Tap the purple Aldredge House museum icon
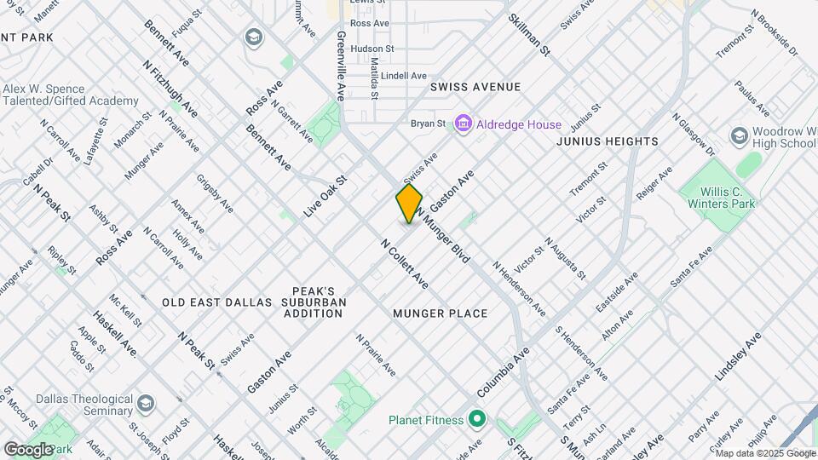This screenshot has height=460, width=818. pyautogui.click(x=464, y=124)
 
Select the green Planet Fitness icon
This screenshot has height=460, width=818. pyautogui.click(x=475, y=419)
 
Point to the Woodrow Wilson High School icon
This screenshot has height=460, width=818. pyautogui.click(x=740, y=136)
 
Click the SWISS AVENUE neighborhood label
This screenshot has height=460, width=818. pyautogui.click(x=475, y=87)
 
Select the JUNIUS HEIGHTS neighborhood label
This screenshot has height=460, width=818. pyautogui.click(x=608, y=141)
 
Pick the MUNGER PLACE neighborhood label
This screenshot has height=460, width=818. pyautogui.click(x=441, y=313)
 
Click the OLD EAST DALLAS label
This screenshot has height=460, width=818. pyautogui.click(x=216, y=302)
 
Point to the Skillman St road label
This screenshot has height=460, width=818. pyautogui.click(x=529, y=35)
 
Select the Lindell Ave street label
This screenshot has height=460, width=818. pyautogui.click(x=404, y=76)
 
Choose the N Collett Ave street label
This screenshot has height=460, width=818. pyautogui.click(x=404, y=263)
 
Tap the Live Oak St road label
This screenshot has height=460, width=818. pyautogui.click(x=327, y=196)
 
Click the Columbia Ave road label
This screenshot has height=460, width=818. pyautogui.click(x=504, y=371)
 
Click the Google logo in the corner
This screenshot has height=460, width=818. pyautogui.click(x=28, y=449)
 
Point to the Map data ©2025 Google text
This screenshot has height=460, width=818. pyautogui.click(x=764, y=453)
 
